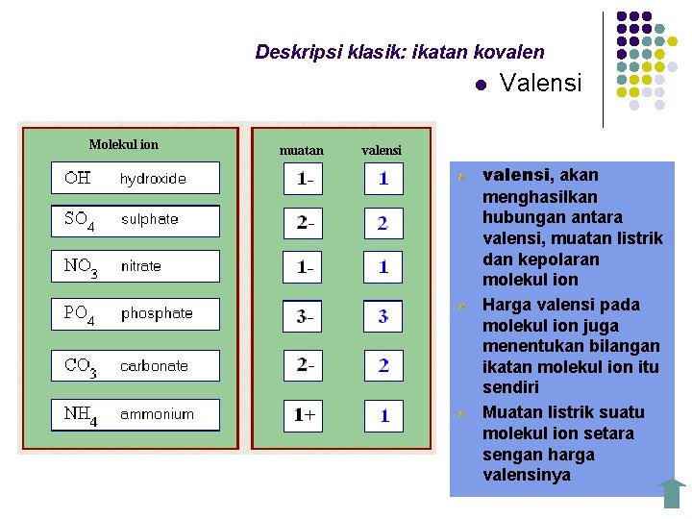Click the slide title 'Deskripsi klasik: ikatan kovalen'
click(399, 52)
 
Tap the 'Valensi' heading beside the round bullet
click(541, 84)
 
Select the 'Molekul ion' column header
click(124, 145)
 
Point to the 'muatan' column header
click(301, 151)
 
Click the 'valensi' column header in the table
click(382, 151)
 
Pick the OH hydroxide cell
click(135, 178)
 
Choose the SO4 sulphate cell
click(135, 220)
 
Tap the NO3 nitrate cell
click(135, 266)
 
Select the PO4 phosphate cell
click(135, 314)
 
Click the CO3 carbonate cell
click(135, 366)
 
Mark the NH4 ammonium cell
click(135, 415)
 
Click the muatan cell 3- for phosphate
click(303, 316)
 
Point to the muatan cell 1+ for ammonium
click(303, 416)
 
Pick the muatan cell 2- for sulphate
click(303, 223)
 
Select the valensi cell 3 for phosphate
click(383, 316)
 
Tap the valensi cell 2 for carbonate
click(383, 366)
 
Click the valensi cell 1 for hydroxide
click(383, 179)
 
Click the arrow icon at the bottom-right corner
click(672, 493)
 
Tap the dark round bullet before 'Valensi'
click(480, 86)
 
